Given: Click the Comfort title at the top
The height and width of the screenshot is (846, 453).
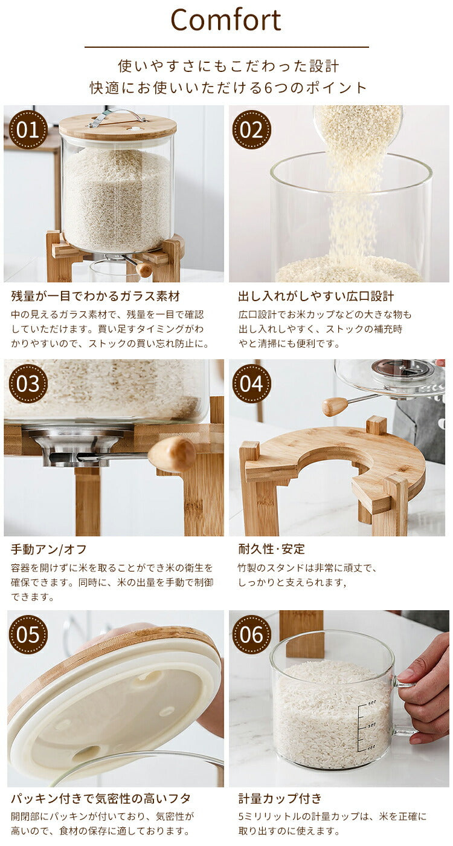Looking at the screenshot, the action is point(226,20).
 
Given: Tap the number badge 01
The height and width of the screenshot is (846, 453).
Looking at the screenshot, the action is point(28,129).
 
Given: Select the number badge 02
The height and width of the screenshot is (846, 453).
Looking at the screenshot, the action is point(252,129).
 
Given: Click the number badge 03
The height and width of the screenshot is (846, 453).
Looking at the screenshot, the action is point(28,384).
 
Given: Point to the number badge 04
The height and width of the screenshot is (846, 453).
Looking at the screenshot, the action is point(252,384).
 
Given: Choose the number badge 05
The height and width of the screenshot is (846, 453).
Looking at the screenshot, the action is point(28,634).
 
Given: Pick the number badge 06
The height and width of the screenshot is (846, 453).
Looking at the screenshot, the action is point(252,634).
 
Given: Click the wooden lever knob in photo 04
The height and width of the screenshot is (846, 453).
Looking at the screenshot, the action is point(335,406).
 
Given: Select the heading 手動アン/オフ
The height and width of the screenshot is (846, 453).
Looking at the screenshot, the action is point(49,550).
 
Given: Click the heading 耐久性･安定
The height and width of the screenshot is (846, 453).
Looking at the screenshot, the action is point(272,549).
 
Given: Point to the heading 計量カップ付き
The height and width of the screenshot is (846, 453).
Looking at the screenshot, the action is point(280,799).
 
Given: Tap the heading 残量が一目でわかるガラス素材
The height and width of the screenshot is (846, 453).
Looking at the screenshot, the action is point(95,296).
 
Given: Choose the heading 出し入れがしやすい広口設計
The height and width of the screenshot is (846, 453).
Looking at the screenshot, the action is point(316,296).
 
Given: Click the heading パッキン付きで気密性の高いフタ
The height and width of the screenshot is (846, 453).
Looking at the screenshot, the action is point(101,799).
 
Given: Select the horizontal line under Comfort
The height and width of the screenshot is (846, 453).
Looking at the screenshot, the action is point(226,47).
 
